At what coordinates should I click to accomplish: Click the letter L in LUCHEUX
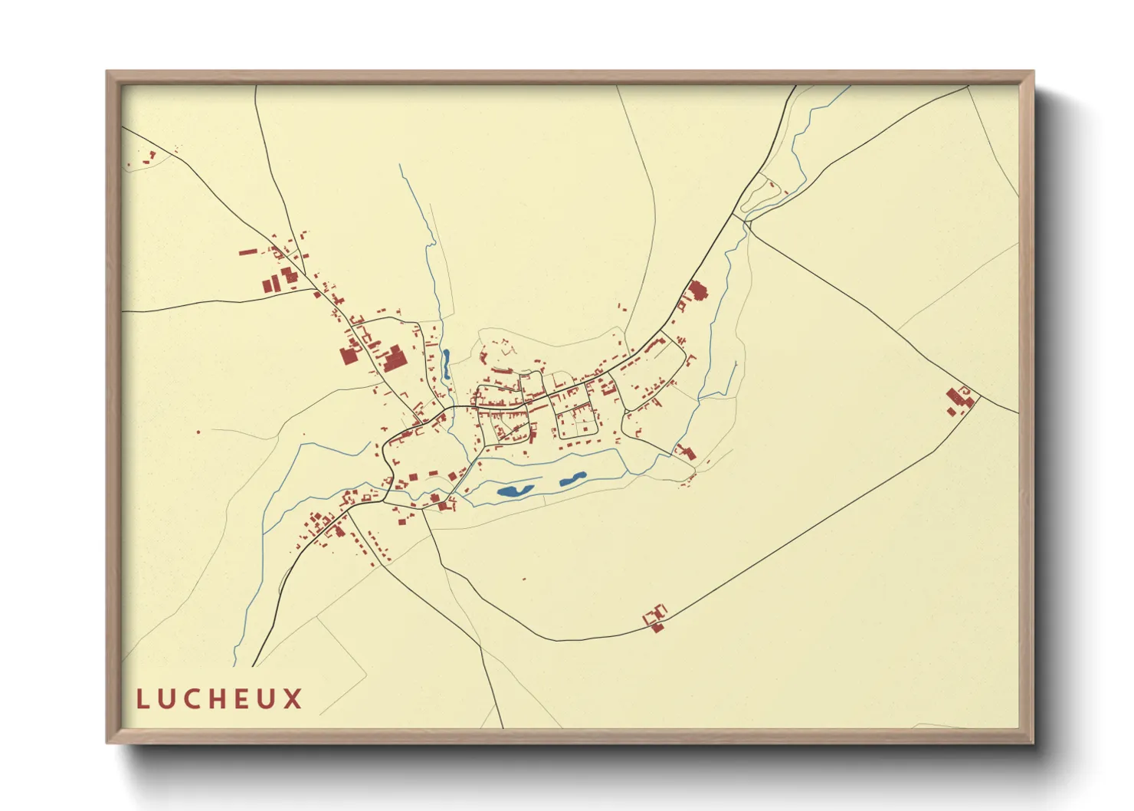point(143,699)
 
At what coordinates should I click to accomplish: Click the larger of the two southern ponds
point(515,490)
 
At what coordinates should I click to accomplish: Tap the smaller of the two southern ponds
point(572,479)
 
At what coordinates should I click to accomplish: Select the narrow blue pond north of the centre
point(445,363)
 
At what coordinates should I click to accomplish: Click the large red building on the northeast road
point(696,291)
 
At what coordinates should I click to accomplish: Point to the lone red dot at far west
point(198,432)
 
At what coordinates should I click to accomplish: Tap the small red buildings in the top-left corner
point(146,159)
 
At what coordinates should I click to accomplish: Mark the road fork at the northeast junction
point(745,222)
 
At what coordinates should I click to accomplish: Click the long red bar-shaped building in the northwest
point(247,251)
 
